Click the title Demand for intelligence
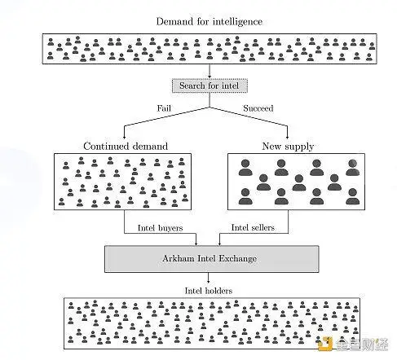click(x=210, y=22)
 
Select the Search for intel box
click(x=210, y=86)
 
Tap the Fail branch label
click(x=164, y=108)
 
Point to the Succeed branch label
click(x=258, y=108)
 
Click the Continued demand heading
click(x=126, y=146)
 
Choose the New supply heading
click(x=288, y=147)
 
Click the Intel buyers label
click(x=160, y=228)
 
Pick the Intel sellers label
click(x=253, y=227)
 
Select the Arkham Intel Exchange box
click(x=212, y=259)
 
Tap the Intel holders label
click(x=209, y=291)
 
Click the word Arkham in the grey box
click(x=178, y=258)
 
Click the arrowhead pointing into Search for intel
click(x=210, y=77)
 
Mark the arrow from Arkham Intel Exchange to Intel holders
click(x=209, y=278)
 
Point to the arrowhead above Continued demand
click(x=124, y=136)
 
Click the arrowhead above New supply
click(x=287, y=136)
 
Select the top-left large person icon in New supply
click(x=245, y=168)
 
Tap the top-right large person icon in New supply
click(x=352, y=168)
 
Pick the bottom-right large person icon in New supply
click(x=352, y=196)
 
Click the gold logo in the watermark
click(x=324, y=344)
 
